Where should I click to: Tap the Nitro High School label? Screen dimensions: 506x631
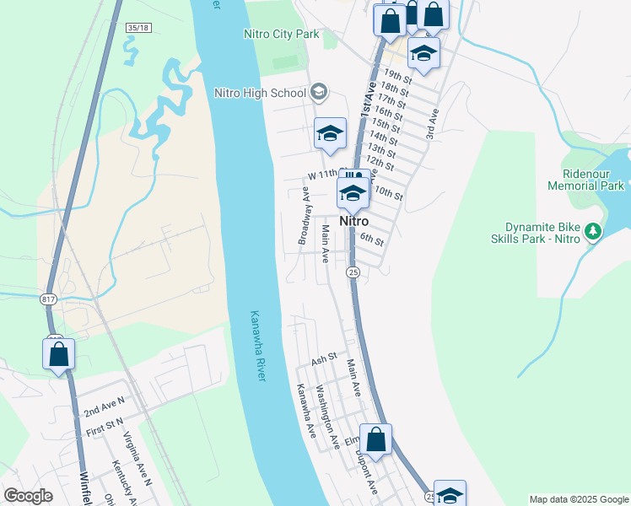(260, 92)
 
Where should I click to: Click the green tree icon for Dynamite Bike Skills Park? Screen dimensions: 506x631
(594, 231)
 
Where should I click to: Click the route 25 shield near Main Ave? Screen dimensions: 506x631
(353, 272)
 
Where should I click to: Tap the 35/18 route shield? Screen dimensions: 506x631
(138, 28)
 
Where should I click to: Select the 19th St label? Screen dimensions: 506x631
(396, 75)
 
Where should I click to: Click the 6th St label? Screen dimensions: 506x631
(372, 240)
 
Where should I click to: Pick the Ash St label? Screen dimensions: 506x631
(324, 359)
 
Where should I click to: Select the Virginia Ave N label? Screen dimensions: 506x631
(137, 459)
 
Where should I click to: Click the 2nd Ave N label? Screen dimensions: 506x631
(104, 406)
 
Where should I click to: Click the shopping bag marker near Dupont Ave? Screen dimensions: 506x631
(376, 439)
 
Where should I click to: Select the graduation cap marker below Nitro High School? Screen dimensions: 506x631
(331, 133)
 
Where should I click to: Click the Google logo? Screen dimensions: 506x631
(28, 496)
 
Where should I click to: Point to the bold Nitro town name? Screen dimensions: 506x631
(353, 221)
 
